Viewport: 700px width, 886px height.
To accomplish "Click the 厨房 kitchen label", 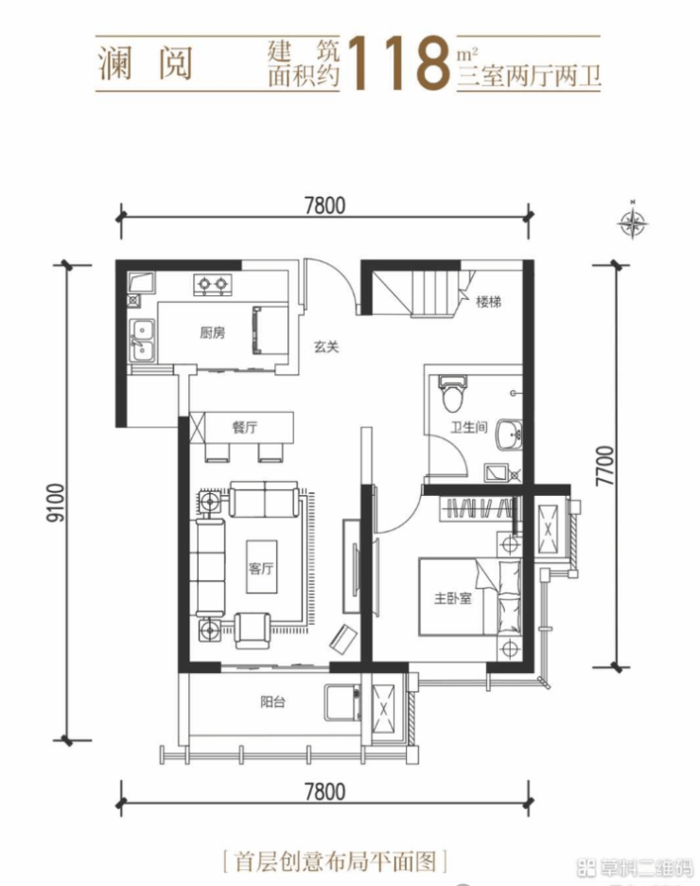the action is point(212,333).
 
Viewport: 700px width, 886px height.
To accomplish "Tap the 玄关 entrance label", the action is point(326,347).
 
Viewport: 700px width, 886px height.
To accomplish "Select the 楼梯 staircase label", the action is point(488,302).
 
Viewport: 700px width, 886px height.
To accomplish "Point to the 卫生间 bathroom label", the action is point(468,427).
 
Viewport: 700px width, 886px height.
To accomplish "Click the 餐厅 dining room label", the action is point(244,427).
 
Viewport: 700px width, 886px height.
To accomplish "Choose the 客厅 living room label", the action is point(261,568).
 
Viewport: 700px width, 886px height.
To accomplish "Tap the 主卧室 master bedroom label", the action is point(453,598).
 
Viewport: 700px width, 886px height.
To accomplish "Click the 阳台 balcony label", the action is point(272,701).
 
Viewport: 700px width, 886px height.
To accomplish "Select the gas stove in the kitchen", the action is point(212,284).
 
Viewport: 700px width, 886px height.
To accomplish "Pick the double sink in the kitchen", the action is point(142,340).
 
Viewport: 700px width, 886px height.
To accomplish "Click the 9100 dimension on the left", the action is point(57,503).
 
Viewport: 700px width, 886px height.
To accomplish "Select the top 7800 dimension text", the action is point(324,204).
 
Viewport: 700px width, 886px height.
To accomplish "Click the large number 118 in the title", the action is point(398,62).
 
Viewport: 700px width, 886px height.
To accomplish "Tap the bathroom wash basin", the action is point(509,435).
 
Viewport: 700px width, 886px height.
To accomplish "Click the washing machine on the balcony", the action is point(342,702).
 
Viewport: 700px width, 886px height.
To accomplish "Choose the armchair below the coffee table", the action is point(253,630).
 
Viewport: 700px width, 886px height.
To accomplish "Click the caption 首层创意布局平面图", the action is point(335,861).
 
